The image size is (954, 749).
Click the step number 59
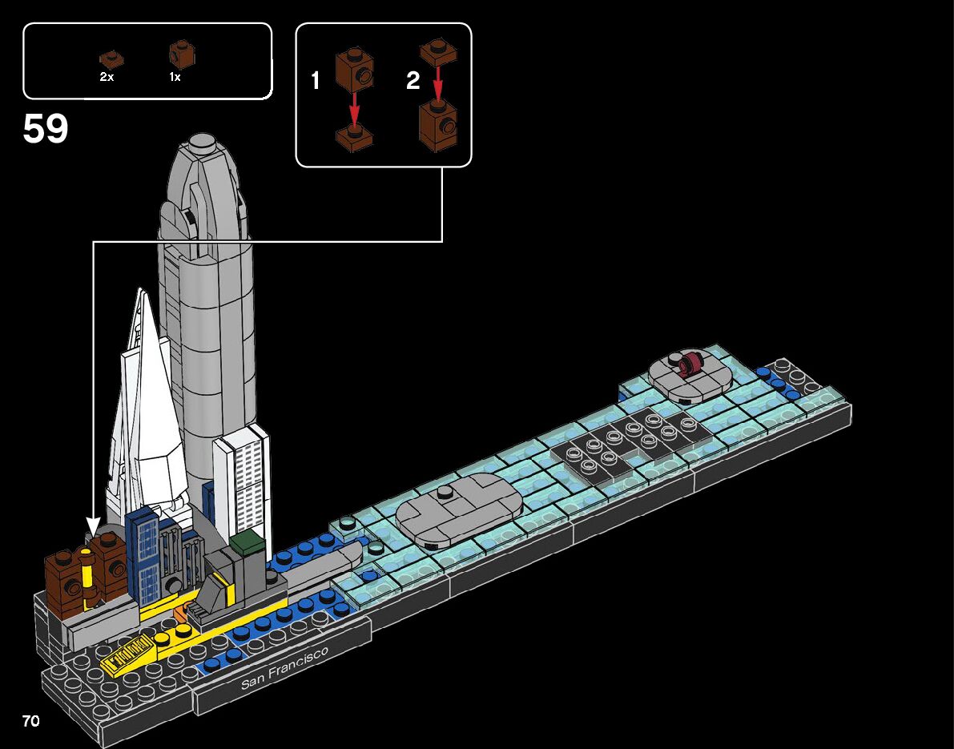[46, 129]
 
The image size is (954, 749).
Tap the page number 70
[31, 721]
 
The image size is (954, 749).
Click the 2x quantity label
[107, 77]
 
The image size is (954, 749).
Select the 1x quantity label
[175, 77]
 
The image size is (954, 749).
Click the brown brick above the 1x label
[182, 54]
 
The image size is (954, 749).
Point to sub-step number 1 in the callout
[316, 81]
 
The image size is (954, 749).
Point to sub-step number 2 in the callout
[413, 81]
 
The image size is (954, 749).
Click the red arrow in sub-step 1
[354, 108]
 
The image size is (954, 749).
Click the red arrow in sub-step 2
[437, 83]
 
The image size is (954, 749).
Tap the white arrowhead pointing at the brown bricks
[93, 526]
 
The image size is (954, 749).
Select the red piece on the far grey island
[689, 364]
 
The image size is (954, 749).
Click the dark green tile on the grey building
[248, 542]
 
